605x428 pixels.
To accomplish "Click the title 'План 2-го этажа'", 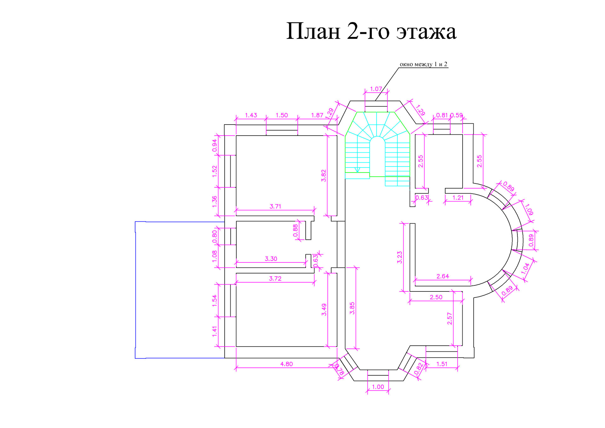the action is (x=371, y=31).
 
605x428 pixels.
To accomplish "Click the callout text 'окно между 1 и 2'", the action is (x=423, y=64).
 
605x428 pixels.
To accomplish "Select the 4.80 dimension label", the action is (x=286, y=364).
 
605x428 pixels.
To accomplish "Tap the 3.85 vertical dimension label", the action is (x=352, y=308).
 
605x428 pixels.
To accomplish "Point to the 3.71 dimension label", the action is (x=275, y=206).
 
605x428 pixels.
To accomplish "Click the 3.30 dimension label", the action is (x=271, y=259).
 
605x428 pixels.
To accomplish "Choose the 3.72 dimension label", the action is (x=275, y=278).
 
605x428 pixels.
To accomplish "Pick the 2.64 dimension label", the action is (x=443, y=276).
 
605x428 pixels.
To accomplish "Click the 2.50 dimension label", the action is (x=436, y=297).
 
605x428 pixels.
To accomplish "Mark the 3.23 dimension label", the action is (x=400, y=257).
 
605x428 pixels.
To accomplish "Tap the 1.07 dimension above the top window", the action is (x=376, y=89).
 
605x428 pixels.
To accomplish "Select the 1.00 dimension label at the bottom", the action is (x=378, y=387).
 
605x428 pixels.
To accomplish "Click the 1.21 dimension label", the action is (x=458, y=198).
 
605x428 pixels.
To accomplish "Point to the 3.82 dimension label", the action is (x=323, y=176).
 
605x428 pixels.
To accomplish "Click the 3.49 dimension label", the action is (x=324, y=309).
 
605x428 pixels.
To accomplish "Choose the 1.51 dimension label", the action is (x=442, y=364).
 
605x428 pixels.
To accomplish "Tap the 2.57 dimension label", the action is (x=449, y=319).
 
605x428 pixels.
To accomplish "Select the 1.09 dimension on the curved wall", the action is (x=528, y=209).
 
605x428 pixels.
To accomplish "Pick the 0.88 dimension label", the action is (x=295, y=230).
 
